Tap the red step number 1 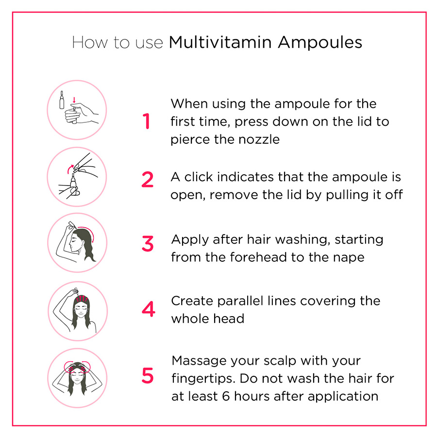click(147, 121)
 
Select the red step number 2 click(147, 180)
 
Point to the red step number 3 click(147, 244)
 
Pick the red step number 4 click(148, 309)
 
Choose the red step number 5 click(147, 376)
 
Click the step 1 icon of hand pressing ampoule click(77, 110)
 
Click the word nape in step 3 click(347, 257)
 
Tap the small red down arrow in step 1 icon click(74, 101)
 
